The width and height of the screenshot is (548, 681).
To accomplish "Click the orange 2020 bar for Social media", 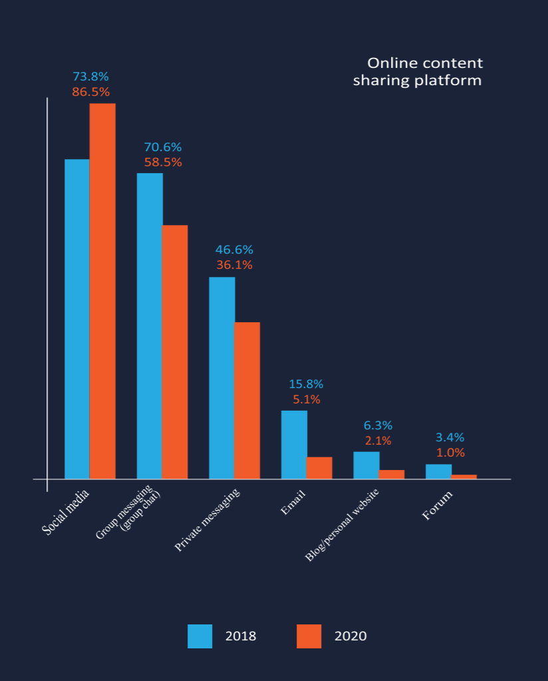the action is pos(102,291).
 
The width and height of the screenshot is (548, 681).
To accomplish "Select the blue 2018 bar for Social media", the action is pos(77,320).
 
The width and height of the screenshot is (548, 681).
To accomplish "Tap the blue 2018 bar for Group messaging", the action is pos(150,326).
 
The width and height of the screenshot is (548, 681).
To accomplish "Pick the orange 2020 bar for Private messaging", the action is pos(247,401).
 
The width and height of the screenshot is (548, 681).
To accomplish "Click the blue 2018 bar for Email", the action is pos(294,445).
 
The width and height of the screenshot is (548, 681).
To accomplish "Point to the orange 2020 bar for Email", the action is pos(319,468).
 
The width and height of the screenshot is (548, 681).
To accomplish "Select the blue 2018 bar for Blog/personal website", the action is pos(366,465).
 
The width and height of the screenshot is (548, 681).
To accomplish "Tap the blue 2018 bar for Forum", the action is pos(439,472).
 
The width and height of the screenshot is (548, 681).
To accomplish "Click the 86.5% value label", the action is pos(90,92).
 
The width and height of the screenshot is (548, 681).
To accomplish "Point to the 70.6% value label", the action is pos(163,147).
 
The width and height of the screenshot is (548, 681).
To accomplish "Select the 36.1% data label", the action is pos(234,265).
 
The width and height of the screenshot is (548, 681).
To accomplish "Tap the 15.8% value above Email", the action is pos(306,384).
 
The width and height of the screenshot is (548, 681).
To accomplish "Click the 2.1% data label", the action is pos(378,441).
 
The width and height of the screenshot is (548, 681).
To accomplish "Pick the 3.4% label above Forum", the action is pos(450,437).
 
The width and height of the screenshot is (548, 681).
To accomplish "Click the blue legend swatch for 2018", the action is pos(200,636).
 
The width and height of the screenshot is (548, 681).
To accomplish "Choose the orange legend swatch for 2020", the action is pos(309,636).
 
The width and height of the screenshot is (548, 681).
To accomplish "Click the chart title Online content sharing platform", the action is pos(418,72).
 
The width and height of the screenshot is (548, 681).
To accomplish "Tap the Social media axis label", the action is pos(66,512).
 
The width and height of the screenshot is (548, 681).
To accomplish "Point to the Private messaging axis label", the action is pos(207,520).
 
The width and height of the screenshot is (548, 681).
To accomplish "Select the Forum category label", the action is pos(438,505).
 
